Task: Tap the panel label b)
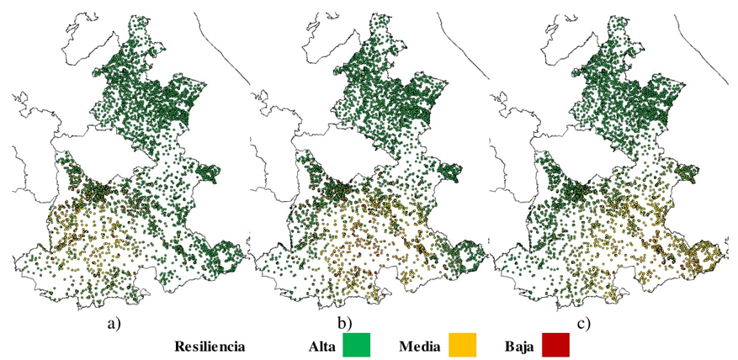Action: point(345,320)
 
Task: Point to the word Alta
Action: point(323,345)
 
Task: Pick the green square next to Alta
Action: point(356,345)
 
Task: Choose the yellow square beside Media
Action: point(462,345)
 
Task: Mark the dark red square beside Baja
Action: point(555,345)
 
